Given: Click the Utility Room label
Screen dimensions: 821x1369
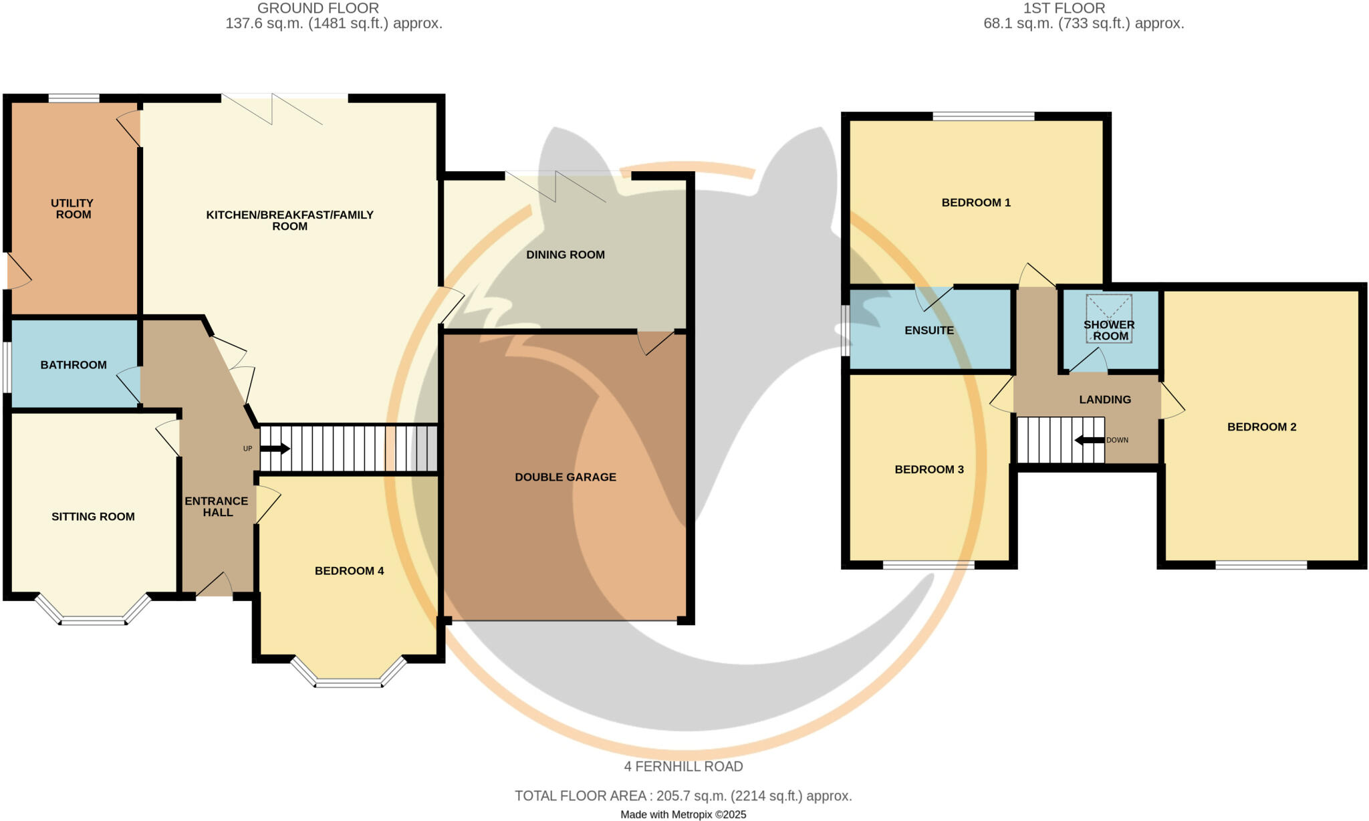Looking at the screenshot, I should click(72, 209).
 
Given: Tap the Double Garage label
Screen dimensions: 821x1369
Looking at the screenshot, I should click(565, 477).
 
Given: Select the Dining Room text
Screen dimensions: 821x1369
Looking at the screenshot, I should click(565, 255).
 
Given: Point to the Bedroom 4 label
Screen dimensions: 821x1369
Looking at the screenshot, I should click(349, 570).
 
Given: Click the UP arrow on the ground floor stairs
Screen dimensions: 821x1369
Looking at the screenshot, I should click(275, 449).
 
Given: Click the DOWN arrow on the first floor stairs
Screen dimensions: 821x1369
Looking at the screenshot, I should click(1089, 440).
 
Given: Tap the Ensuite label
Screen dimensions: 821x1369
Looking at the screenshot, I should click(928, 330).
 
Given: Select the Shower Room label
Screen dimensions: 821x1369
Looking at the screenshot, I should click(1110, 330).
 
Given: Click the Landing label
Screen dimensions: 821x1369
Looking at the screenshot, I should click(1104, 399).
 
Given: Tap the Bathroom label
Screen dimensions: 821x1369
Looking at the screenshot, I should click(74, 364).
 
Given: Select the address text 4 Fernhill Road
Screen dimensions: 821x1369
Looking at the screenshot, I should click(683, 766).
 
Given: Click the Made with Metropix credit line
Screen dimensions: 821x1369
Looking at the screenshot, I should click(683, 814).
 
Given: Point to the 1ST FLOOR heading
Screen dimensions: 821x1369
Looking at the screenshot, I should click(1064, 8).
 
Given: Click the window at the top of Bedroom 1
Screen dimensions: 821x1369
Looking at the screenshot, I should click(983, 116).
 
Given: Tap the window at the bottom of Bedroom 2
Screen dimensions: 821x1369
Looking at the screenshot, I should click(1261, 565).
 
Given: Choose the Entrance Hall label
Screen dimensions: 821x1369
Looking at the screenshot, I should click(217, 506).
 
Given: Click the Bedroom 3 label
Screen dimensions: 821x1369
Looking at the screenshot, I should click(928, 469).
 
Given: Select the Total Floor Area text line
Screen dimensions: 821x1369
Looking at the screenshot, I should click(683, 796).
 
